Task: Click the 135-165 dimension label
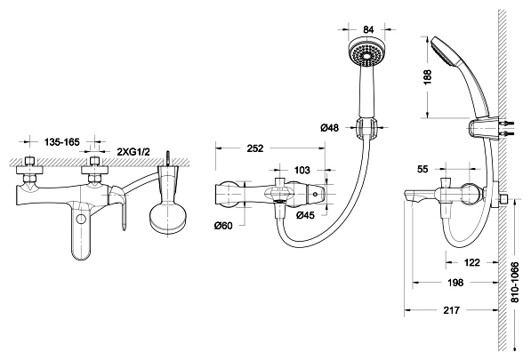(61, 141)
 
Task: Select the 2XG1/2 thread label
(133, 152)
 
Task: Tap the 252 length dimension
(255, 148)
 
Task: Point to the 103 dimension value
(302, 170)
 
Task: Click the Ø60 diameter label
(223, 225)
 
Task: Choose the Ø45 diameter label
(305, 214)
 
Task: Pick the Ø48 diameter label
(329, 128)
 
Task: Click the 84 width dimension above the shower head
(368, 29)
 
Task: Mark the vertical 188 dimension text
(427, 76)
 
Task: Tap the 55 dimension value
(422, 169)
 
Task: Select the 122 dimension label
(471, 262)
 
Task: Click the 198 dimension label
(455, 282)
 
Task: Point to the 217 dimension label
(452, 309)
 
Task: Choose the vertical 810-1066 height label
(514, 282)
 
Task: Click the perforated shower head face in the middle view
(366, 53)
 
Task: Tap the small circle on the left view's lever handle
(81, 219)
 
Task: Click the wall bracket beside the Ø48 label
(366, 129)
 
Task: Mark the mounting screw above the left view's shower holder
(167, 158)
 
